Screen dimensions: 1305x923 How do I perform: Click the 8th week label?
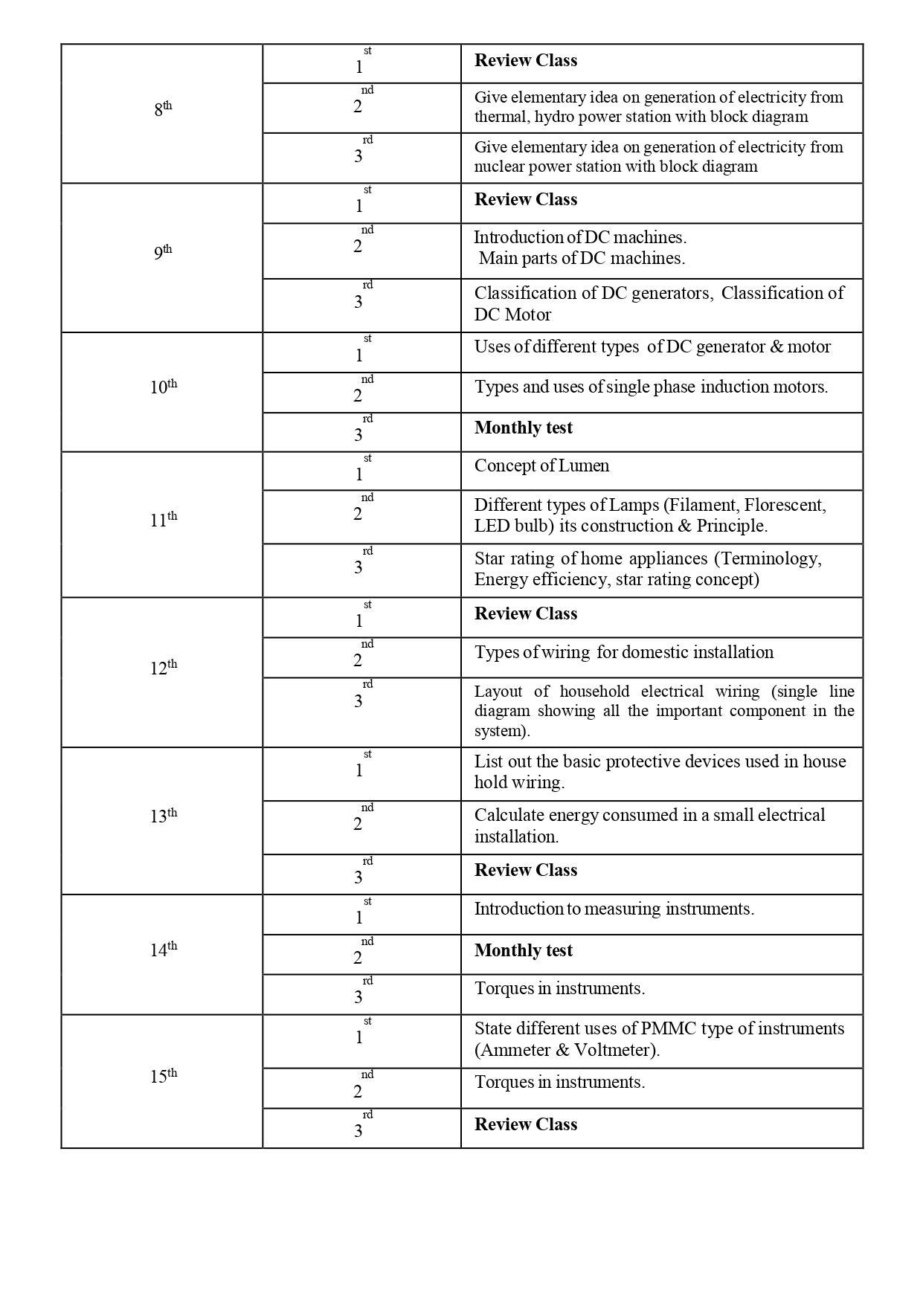163,109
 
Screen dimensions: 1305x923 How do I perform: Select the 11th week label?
164,519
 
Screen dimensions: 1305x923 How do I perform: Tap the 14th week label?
164,950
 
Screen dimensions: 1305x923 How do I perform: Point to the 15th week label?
164,1076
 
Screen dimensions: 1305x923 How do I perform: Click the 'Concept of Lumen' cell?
541,466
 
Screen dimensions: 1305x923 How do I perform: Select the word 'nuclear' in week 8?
499,167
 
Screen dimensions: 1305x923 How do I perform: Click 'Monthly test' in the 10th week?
524,428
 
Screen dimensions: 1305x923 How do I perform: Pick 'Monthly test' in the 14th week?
524,951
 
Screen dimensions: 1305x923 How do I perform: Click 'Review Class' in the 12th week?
526,614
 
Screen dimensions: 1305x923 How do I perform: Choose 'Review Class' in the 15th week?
526,1125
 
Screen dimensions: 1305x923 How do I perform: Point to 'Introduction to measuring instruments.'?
614,909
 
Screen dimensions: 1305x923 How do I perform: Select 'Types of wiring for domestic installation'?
624,653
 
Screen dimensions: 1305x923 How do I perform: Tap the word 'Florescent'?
785,506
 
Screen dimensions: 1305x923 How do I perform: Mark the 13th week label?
164,816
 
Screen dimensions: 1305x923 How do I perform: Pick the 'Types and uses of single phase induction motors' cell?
651,387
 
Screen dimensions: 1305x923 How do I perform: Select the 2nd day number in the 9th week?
359,247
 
